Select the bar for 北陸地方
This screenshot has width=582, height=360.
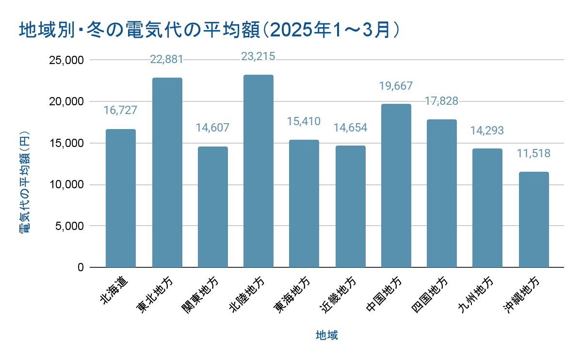[259, 171]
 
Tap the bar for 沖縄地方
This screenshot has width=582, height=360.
[534, 219]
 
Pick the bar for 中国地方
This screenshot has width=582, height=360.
[396, 186]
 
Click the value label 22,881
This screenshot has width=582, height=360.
[166, 59]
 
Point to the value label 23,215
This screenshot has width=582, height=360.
[259, 56]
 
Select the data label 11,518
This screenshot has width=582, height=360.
[534, 154]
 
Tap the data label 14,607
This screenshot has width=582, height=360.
[212, 128]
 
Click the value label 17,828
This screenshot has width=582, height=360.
[442, 101]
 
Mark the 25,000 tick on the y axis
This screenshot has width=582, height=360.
[67, 60]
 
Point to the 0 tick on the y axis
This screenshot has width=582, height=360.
[80, 267]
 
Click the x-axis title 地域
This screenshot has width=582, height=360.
[327, 335]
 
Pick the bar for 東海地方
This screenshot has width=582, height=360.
[304, 203]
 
